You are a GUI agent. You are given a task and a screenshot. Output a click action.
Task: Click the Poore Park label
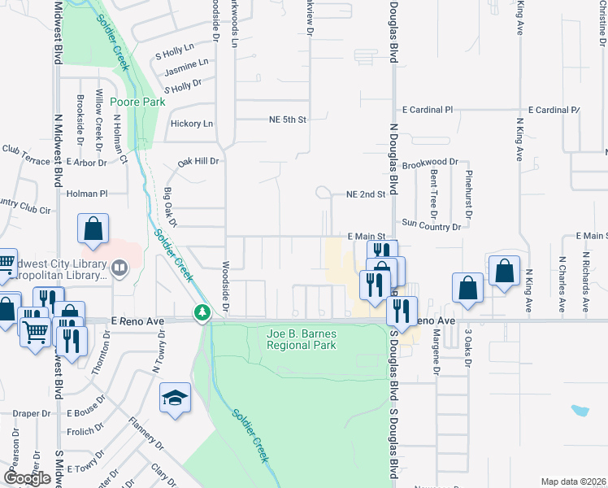click(x=137, y=102)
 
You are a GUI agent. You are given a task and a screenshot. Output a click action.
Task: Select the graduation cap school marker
click(x=175, y=398)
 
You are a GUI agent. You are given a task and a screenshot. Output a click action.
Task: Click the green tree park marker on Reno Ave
click(x=201, y=312)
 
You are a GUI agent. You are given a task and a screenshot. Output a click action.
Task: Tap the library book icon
click(x=119, y=268)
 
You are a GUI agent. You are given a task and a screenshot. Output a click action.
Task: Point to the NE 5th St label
click(x=287, y=120)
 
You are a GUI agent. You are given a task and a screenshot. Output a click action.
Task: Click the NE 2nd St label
click(x=365, y=195)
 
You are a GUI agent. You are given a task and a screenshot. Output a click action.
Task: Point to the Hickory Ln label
click(x=192, y=124)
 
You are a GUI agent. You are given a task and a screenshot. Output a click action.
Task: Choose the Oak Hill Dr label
click(x=199, y=161)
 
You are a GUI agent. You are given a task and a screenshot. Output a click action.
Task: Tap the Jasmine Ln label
click(x=185, y=62)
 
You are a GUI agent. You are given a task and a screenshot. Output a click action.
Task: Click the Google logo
click(x=27, y=478)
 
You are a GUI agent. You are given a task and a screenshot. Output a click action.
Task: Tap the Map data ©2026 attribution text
click(x=573, y=481)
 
